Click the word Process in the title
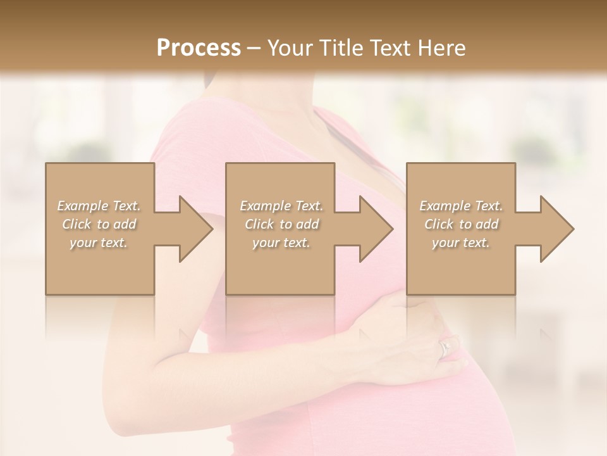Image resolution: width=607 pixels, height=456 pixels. (199, 48)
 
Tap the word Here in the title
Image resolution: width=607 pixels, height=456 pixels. (440, 48)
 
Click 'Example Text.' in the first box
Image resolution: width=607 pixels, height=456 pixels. (99, 206)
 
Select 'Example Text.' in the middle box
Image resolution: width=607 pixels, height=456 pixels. (281, 206)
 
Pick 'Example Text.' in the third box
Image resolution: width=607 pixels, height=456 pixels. (461, 206)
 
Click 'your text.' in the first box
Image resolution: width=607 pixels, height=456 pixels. (99, 243)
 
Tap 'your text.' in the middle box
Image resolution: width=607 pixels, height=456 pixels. (281, 243)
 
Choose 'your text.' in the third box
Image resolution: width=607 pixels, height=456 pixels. (461, 243)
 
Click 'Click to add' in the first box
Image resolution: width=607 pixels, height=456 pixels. (99, 224)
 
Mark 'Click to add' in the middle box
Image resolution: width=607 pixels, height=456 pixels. (281, 224)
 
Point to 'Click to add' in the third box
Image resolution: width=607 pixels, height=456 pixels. (461, 224)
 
